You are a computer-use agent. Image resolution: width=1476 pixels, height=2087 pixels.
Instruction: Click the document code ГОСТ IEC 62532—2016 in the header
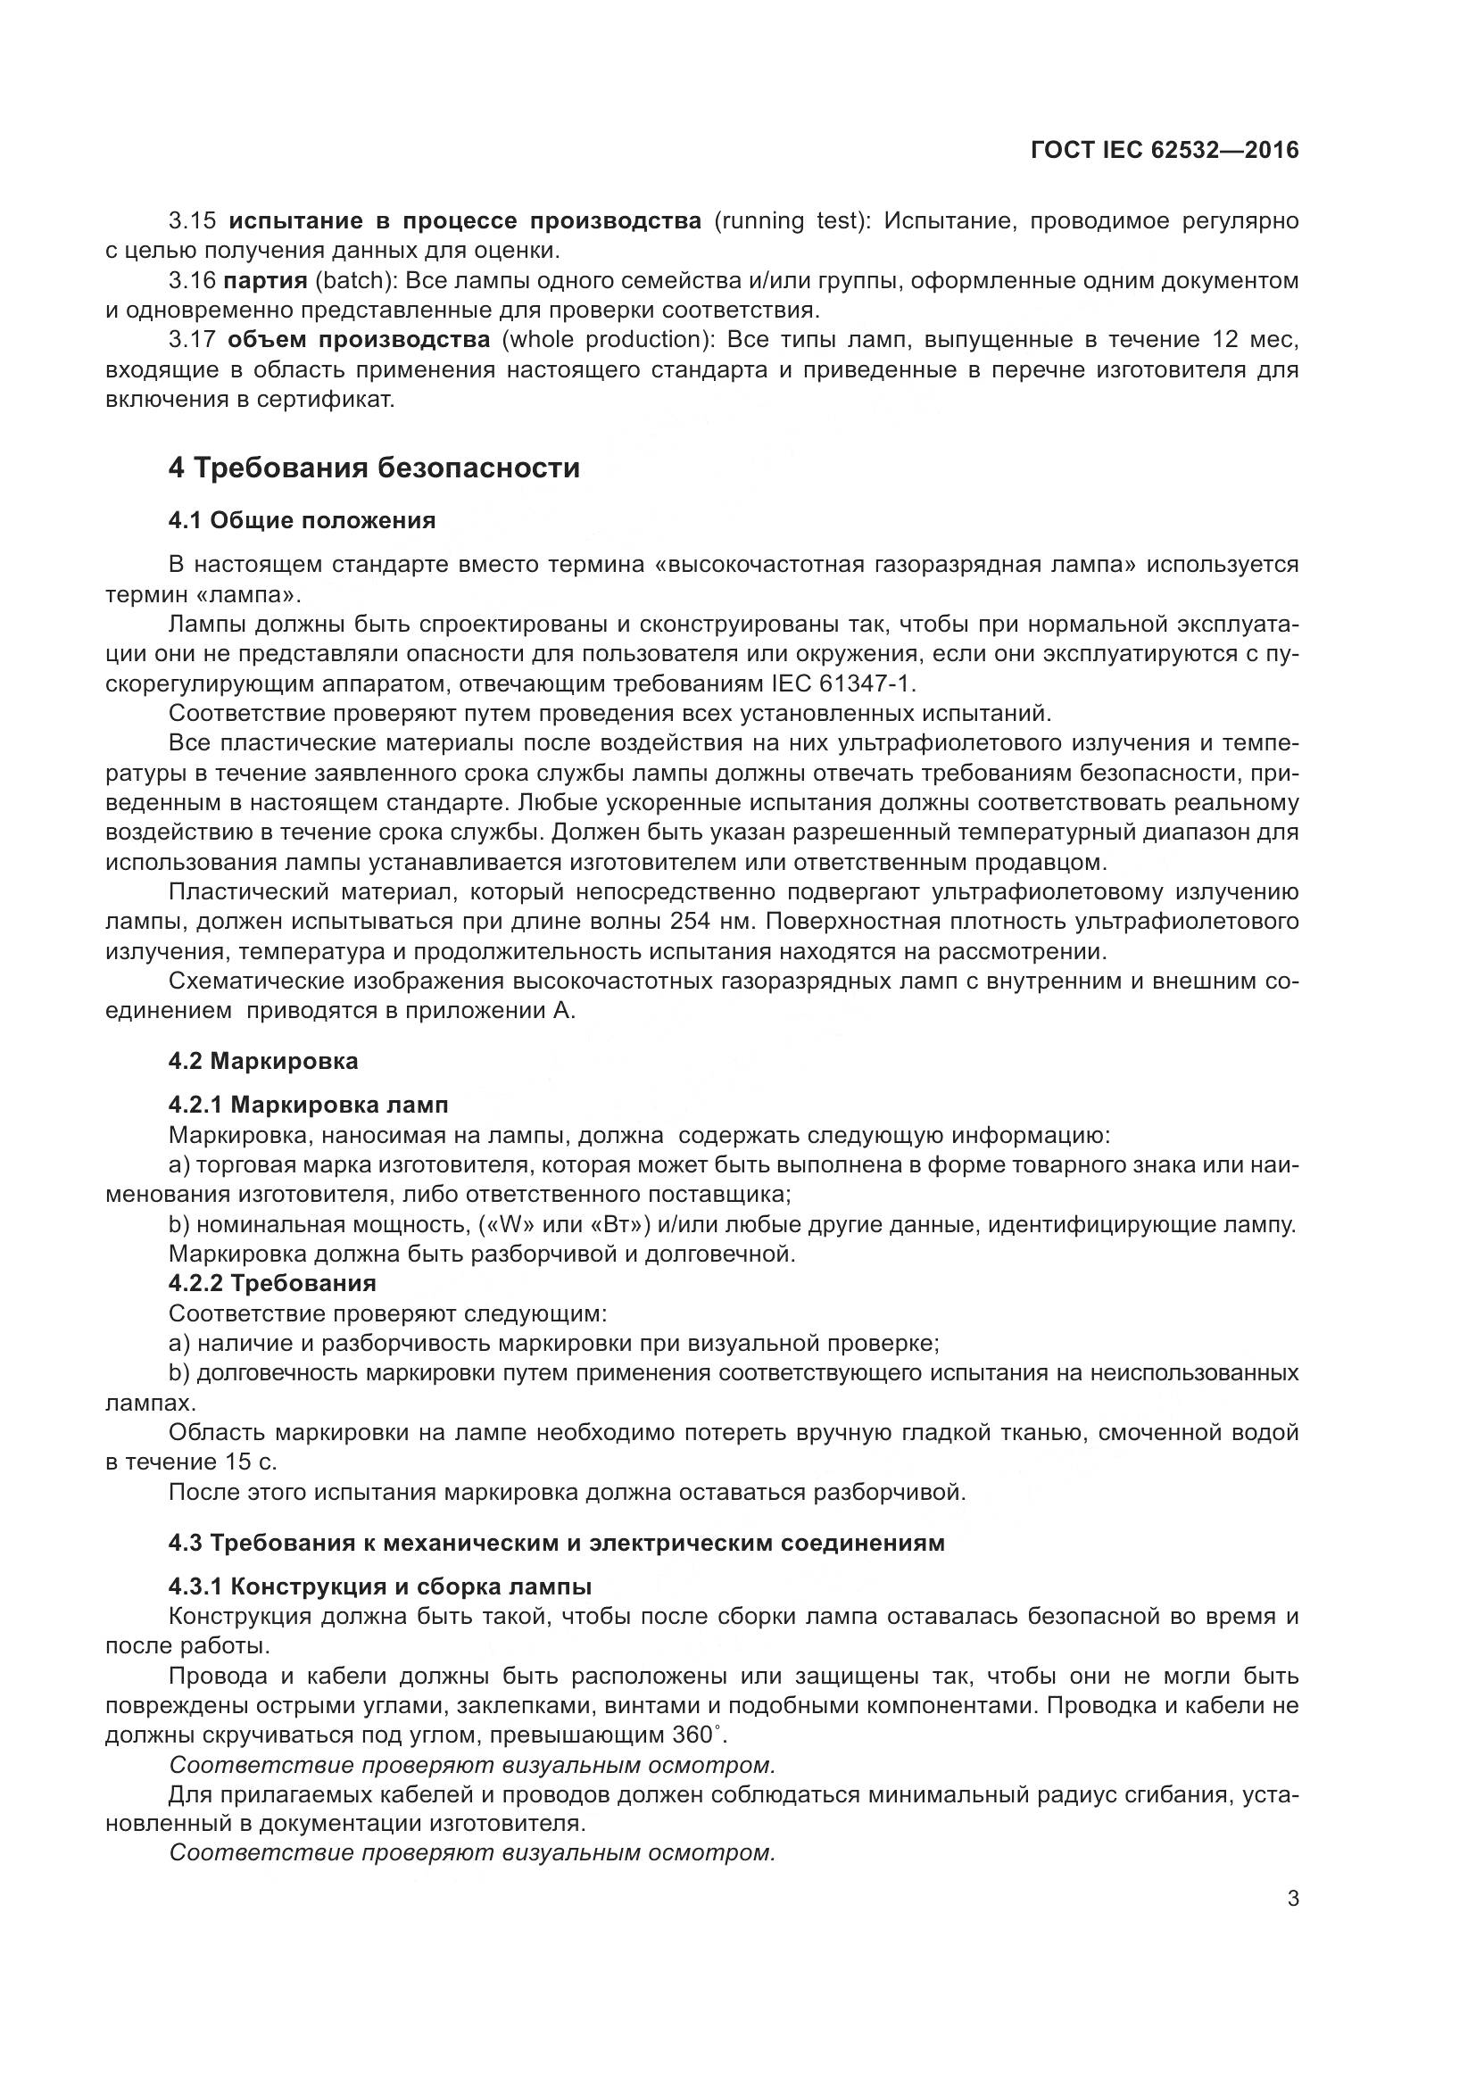(x=1165, y=151)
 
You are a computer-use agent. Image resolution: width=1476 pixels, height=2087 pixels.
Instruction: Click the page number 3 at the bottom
(x=1292, y=1899)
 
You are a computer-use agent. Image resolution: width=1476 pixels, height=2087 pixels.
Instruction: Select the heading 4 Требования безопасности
(x=374, y=468)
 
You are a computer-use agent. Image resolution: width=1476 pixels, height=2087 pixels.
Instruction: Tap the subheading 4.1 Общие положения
(x=302, y=521)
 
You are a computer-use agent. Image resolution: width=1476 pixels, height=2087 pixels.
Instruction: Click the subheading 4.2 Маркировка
(x=262, y=1061)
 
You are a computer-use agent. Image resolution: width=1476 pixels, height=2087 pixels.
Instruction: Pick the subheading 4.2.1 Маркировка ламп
(x=308, y=1105)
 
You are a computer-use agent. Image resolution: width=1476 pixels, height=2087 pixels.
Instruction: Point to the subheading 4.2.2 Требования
(x=272, y=1283)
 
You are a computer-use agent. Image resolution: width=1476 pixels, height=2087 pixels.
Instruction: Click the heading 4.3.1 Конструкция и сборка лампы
(x=380, y=1587)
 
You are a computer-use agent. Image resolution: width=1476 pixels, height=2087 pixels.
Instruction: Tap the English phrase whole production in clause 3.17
(x=608, y=340)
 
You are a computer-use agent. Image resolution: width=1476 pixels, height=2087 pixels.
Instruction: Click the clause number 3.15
(x=193, y=221)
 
